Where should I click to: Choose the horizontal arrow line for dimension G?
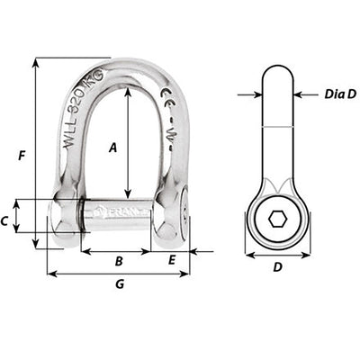pyautogui.click(x=118, y=274)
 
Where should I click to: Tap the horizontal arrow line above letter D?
pyautogui.click(x=277, y=255)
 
